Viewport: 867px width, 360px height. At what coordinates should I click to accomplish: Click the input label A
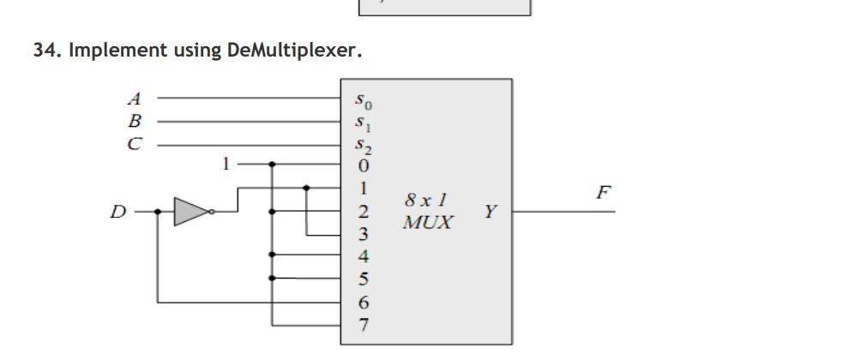pos(135,98)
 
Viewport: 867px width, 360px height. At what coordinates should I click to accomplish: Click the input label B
pos(135,121)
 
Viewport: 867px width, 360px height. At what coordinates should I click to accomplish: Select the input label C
pos(135,144)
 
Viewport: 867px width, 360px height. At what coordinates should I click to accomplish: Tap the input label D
pos(117,211)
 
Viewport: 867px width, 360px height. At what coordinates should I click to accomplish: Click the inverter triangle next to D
pos(191,211)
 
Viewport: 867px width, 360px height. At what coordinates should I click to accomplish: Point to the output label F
pos(604,192)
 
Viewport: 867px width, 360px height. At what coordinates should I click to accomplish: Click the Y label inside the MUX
pos(490,211)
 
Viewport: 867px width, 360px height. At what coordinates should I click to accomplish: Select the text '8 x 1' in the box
pos(426,201)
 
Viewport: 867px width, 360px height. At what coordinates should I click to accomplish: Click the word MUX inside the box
pos(428,223)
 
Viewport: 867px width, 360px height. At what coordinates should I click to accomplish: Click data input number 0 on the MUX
pos(363,165)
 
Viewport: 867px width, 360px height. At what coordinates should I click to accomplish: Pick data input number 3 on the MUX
pos(363,233)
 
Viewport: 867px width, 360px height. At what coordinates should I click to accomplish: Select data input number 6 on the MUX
pos(363,302)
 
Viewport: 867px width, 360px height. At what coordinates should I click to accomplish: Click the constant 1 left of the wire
pos(226,163)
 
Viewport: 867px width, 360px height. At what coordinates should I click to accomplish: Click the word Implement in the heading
pos(105,50)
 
